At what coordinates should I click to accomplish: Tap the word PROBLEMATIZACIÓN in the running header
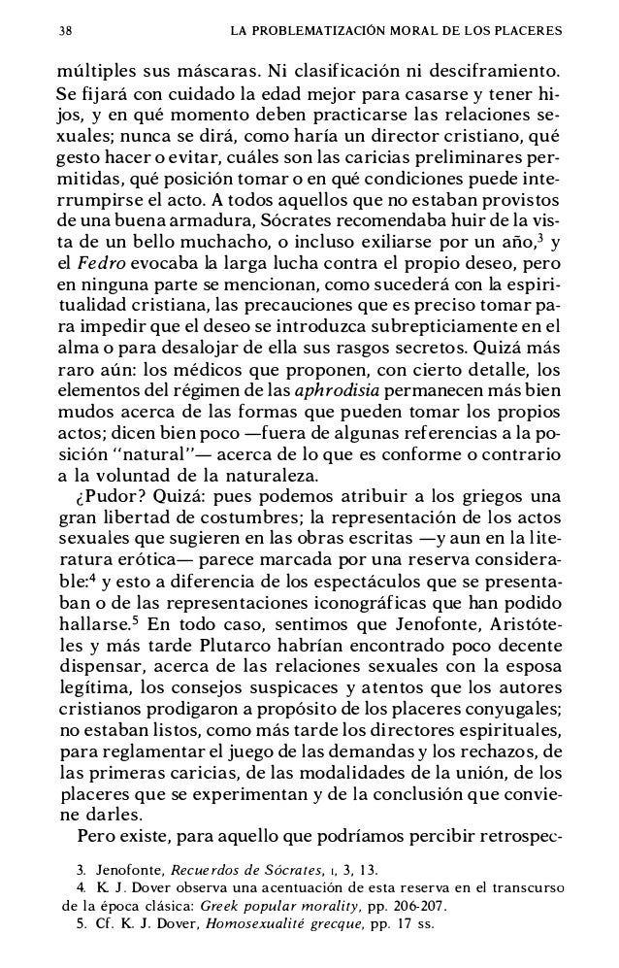point(317,29)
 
